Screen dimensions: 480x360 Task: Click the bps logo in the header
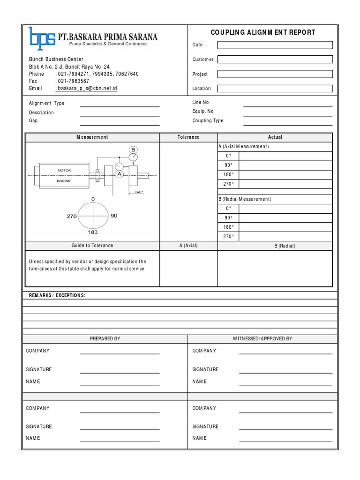click(x=41, y=38)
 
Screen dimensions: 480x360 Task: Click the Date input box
click(x=275, y=45)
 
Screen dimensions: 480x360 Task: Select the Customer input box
click(x=275, y=60)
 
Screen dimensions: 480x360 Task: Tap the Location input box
click(x=275, y=88)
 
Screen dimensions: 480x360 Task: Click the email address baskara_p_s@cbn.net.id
click(x=86, y=88)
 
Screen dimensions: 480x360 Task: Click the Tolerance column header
click(x=188, y=137)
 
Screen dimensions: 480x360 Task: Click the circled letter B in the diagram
click(x=133, y=150)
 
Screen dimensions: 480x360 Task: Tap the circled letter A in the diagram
click(x=119, y=174)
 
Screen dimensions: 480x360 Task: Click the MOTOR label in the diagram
click(x=64, y=170)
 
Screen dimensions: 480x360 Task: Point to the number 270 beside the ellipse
click(x=72, y=216)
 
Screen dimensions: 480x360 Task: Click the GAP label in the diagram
click(x=139, y=192)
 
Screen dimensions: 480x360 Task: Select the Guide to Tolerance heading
click(x=92, y=246)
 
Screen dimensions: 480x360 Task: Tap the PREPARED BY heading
click(x=105, y=338)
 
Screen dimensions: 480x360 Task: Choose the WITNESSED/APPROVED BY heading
click(x=262, y=338)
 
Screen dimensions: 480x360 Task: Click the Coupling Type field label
click(x=208, y=120)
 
